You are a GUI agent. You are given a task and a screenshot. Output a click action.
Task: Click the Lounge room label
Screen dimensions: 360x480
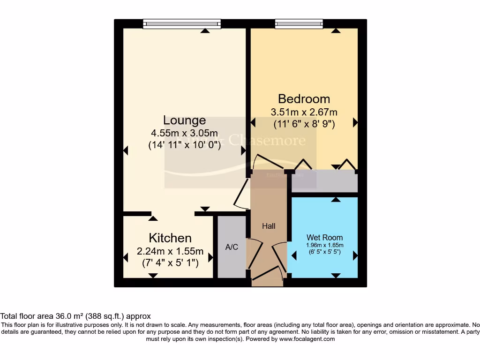(184, 120)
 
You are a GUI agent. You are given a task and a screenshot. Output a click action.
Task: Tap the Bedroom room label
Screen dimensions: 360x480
(304, 99)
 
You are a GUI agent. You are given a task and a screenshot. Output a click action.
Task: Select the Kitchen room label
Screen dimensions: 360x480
(170, 238)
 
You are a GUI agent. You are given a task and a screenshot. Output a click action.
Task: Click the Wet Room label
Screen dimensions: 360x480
(324, 238)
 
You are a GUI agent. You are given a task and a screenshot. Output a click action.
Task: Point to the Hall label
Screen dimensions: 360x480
(269, 226)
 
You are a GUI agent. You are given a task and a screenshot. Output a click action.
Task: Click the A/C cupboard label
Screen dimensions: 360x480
(232, 247)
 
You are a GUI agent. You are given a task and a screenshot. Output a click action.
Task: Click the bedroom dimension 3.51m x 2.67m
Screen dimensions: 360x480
(304, 112)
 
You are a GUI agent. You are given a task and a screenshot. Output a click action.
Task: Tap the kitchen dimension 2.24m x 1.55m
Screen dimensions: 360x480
(170, 251)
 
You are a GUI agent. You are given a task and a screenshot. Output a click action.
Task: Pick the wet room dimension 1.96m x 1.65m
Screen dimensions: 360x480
(324, 245)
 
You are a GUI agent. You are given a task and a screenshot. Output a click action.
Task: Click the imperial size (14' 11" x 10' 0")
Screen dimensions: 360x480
(184, 145)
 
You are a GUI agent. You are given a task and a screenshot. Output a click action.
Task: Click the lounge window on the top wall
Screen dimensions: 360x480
(181, 23)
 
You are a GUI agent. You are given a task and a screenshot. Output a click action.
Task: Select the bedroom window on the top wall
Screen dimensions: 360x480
(299, 23)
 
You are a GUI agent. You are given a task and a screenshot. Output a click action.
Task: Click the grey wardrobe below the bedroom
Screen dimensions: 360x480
(324, 181)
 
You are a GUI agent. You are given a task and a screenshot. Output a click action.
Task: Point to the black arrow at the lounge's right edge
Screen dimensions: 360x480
(243, 150)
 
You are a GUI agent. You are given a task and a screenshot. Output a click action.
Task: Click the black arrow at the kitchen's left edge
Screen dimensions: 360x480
(126, 257)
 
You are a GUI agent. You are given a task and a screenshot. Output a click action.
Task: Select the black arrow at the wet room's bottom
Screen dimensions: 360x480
(336, 276)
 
